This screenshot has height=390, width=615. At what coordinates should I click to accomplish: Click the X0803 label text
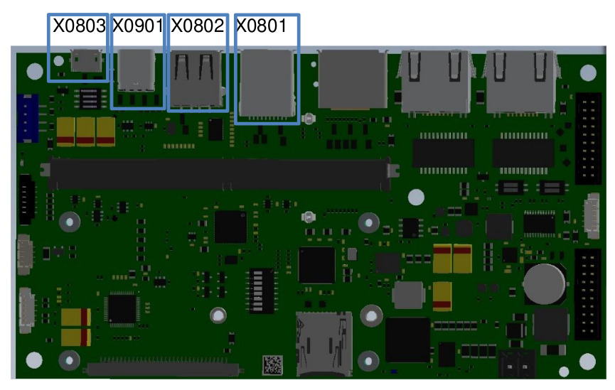click(79, 26)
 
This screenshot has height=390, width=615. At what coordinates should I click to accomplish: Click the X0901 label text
click(138, 26)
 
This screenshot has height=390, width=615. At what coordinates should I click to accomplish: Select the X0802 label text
click(197, 26)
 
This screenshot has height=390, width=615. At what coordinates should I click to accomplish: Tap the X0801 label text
click(261, 26)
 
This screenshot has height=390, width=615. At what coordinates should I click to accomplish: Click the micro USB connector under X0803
click(86, 61)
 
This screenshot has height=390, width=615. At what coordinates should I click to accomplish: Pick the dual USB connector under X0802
click(197, 78)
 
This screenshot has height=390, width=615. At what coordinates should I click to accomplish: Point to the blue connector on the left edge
click(28, 118)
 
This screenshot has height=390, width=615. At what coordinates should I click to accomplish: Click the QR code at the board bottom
click(272, 364)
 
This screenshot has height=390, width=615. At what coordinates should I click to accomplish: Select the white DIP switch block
click(261, 291)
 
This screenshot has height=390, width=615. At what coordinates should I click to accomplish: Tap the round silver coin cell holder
click(545, 283)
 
